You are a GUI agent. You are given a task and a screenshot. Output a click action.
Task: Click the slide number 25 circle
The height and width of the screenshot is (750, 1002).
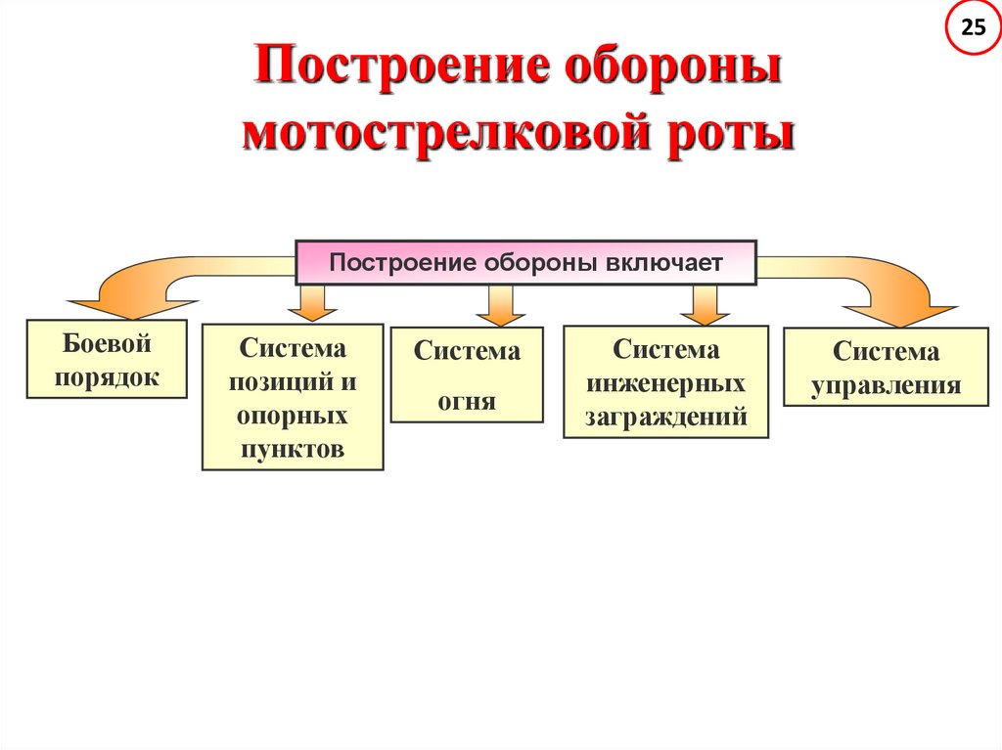973,28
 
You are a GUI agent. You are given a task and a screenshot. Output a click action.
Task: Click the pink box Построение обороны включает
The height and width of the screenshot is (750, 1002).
525,262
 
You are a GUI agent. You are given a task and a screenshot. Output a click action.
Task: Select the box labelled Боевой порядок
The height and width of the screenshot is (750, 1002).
107,359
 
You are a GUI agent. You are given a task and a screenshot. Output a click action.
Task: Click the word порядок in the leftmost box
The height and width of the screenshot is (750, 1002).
107,377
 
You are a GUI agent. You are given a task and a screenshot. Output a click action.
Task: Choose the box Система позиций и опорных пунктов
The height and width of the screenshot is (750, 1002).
293,397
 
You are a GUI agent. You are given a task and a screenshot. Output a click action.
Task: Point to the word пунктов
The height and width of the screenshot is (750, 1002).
293,449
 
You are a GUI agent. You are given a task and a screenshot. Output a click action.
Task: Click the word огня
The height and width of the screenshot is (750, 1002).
467,401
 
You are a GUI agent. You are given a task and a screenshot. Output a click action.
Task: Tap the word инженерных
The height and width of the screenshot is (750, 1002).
665,382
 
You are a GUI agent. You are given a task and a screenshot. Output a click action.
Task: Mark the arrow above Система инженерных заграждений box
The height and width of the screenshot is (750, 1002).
700,304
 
